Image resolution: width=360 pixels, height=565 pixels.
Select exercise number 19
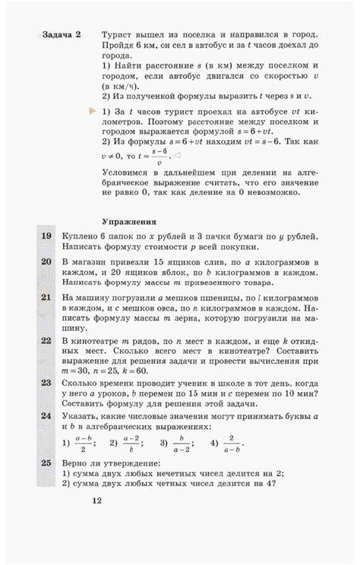click(46, 238)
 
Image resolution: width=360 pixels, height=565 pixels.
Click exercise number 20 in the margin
click(46, 261)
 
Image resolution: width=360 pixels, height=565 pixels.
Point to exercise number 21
click(46, 298)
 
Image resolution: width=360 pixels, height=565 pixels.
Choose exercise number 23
click(46, 386)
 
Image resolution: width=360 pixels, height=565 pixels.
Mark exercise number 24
click(46, 417)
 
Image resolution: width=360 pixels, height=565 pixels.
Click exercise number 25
click(46, 462)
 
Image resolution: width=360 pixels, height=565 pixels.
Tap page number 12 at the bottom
click(96, 500)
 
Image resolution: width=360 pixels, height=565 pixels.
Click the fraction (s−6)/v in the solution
click(159, 158)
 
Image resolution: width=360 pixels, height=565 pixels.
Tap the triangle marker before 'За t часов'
click(93, 112)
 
